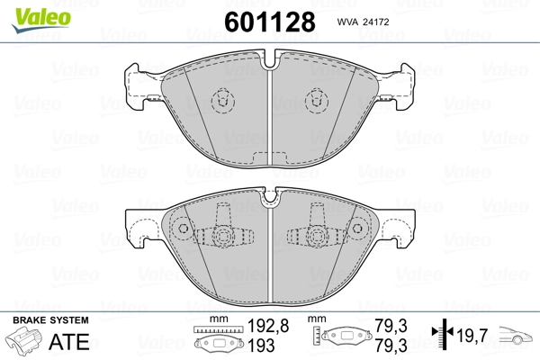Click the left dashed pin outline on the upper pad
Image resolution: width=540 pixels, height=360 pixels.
(x=220, y=101)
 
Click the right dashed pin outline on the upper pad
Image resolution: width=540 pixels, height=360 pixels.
(x=316, y=101)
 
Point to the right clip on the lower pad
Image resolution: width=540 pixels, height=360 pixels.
(x=315, y=236)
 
